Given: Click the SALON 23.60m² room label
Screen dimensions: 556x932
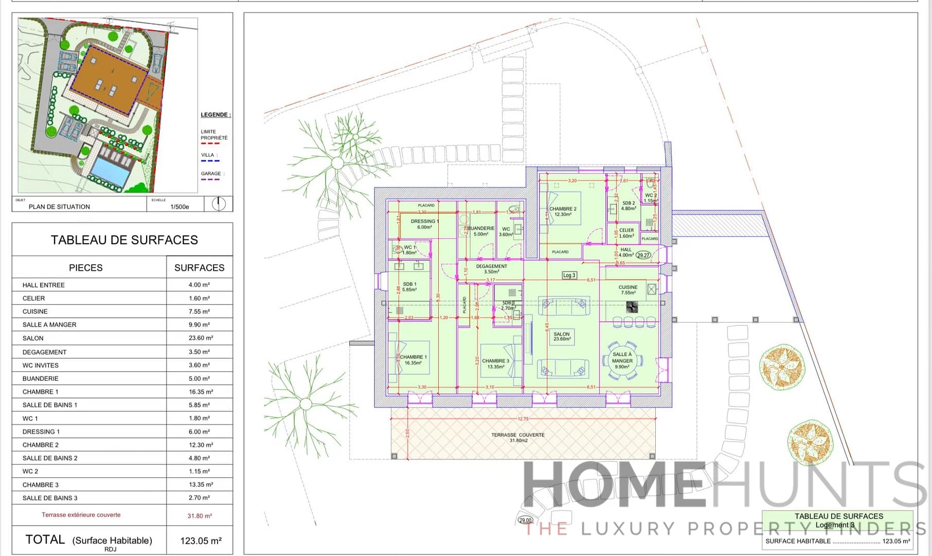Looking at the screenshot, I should click(562, 337).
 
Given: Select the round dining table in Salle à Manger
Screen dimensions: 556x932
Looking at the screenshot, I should click(622, 360).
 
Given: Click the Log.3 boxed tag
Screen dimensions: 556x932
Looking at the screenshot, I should click(569, 275).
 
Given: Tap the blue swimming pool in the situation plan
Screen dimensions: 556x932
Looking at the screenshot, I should click(110, 172).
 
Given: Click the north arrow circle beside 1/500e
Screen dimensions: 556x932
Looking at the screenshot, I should click(219, 204).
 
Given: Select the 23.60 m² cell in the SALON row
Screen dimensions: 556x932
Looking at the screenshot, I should click(200, 338).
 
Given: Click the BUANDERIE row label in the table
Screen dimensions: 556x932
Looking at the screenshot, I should click(41, 378).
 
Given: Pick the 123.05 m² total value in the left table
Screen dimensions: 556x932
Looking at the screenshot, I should click(201, 541).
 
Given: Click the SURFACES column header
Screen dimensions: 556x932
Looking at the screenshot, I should click(199, 268).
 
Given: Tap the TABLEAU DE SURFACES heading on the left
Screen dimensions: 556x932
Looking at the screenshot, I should click(124, 240).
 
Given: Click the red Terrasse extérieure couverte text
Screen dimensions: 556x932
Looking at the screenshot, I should click(81, 515).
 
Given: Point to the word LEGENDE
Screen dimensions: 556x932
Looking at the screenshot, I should click(215, 115).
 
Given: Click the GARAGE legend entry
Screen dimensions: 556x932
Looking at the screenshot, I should click(211, 174).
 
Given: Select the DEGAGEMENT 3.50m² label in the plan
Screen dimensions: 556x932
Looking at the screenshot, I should click(491, 269).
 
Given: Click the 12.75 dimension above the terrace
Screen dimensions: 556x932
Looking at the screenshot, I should click(523, 419).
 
